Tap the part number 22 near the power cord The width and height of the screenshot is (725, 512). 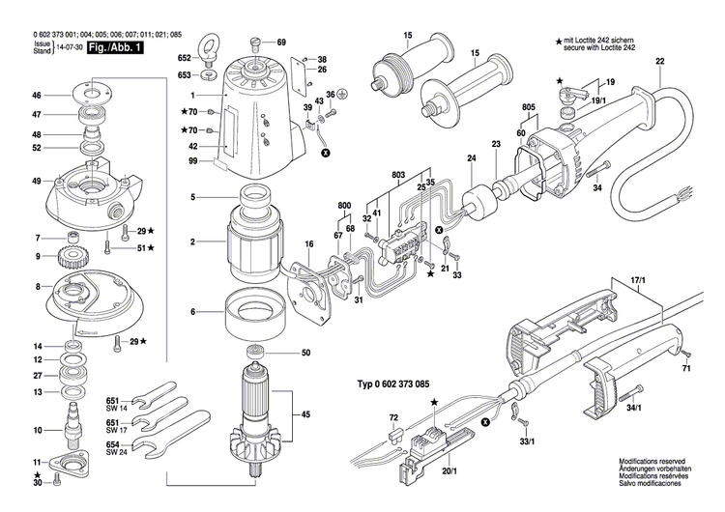(x=659, y=63)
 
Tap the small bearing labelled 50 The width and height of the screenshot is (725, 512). (x=257, y=354)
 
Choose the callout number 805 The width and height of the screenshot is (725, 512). (x=529, y=107)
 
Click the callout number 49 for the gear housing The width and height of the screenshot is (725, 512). (x=37, y=182)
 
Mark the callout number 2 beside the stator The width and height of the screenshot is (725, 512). (x=192, y=242)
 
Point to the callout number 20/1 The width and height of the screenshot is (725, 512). (x=448, y=471)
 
